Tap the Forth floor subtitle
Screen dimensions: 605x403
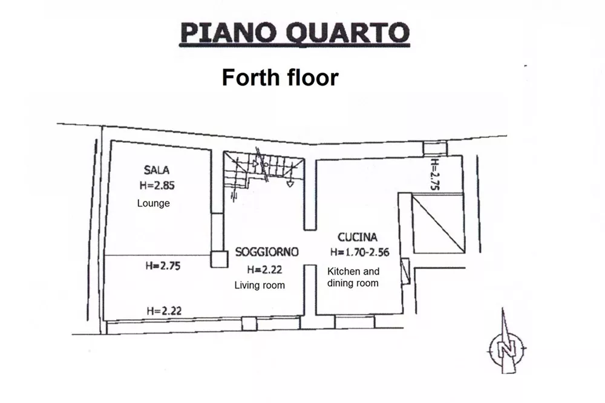[x=280, y=77]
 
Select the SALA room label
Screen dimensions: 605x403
[x=157, y=170]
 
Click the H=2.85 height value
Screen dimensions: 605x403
[x=157, y=185]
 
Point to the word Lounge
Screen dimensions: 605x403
[x=153, y=203]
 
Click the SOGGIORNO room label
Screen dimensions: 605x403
[x=267, y=252]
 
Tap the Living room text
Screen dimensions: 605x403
[x=260, y=285]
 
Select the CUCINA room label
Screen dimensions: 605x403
[x=358, y=237]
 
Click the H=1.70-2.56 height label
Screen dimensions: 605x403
[x=359, y=252]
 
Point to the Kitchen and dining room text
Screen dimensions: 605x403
[x=353, y=277]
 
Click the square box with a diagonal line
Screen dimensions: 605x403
[x=438, y=224]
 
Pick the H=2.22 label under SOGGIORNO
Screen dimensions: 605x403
[x=265, y=269]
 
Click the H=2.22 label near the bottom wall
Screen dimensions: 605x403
[x=164, y=311]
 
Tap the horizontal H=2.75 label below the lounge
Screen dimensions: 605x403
[x=163, y=266]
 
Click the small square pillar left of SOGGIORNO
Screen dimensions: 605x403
[x=219, y=260]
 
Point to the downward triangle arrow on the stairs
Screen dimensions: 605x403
[x=290, y=184]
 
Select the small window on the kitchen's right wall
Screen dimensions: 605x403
[x=405, y=271]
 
